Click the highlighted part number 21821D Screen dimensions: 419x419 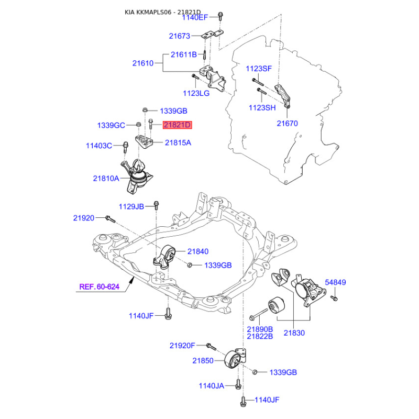point(178,125)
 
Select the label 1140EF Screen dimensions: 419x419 point(195,18)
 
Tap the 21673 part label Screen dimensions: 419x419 point(179,36)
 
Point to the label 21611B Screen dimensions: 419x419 point(184,54)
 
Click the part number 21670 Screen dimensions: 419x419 point(287,124)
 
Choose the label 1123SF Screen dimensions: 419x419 point(258,69)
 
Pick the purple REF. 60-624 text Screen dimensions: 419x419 point(100,286)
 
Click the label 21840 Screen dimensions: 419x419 point(198,251)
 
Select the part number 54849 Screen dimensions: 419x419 point(335,282)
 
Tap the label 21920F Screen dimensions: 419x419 point(182,346)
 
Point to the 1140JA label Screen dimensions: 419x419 point(212,386)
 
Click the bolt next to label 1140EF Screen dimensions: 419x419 point(220,16)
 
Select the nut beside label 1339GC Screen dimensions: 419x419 point(138,124)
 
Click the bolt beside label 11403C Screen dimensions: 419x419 point(125,147)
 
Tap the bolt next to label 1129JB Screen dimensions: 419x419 point(157,205)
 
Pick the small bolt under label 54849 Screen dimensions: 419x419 point(334,298)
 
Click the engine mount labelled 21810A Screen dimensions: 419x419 point(137,176)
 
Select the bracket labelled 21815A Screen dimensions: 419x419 point(144,142)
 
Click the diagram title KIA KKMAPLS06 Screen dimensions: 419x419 point(148,12)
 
